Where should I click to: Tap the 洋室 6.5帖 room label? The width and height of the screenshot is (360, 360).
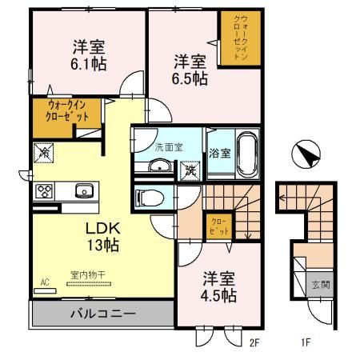pos(192,69)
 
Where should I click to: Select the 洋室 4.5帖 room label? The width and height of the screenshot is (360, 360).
pos(218,287)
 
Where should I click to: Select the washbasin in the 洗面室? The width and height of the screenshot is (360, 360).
pos(159,167)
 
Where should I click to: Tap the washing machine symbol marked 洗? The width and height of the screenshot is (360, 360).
pos(190,170)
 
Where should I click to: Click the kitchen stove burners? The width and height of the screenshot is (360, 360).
pos(43,192)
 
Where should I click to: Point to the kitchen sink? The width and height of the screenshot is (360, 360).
pos(82,191)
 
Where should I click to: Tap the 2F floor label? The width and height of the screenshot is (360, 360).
pos(255,344)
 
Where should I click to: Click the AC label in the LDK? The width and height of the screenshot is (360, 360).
pos(45,282)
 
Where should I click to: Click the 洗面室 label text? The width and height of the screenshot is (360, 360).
pos(168,146)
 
